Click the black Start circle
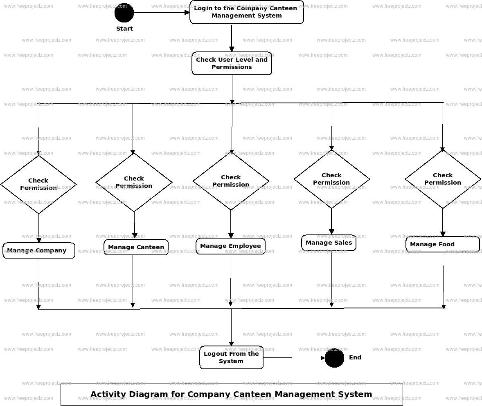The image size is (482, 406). pyautogui.click(x=124, y=13)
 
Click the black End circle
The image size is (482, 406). pyautogui.click(x=334, y=358)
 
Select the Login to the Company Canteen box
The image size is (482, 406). pyautogui.click(x=246, y=12)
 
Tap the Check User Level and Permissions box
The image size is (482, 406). pyautogui.click(x=232, y=63)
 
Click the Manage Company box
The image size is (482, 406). pyautogui.click(x=39, y=250)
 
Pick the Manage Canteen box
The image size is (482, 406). pyautogui.click(x=136, y=247)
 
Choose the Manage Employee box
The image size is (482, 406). pyautogui.click(x=230, y=246)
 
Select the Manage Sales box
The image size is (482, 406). pyautogui.click(x=329, y=243)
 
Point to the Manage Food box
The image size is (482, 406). pyautogui.click(x=442, y=244)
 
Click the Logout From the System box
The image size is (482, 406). pyautogui.click(x=231, y=357)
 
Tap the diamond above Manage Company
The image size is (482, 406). pyautogui.click(x=38, y=184)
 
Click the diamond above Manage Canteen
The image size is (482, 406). pyautogui.click(x=134, y=182)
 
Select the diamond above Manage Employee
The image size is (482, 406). pyautogui.click(x=231, y=181)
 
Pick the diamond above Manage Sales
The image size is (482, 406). pyautogui.click(x=331, y=179)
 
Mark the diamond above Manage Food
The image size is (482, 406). pyautogui.click(x=443, y=179)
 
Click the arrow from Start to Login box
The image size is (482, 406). pyautogui.click(x=162, y=13)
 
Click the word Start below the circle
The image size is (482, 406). pyautogui.click(x=124, y=29)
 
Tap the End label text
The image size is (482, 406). pyautogui.click(x=355, y=357)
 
